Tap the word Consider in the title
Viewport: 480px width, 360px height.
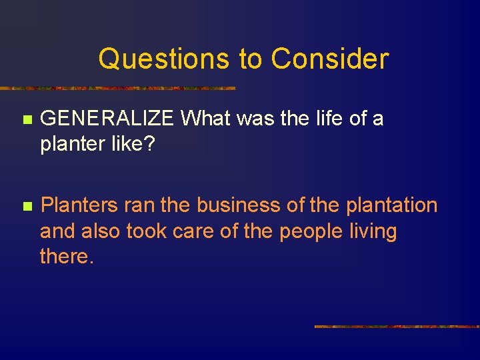(x=329, y=59)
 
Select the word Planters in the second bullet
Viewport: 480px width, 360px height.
(x=79, y=205)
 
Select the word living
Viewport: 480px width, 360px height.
(x=375, y=231)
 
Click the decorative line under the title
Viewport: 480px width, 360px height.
(x=117, y=88)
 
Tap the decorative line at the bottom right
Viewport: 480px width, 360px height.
(x=397, y=327)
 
